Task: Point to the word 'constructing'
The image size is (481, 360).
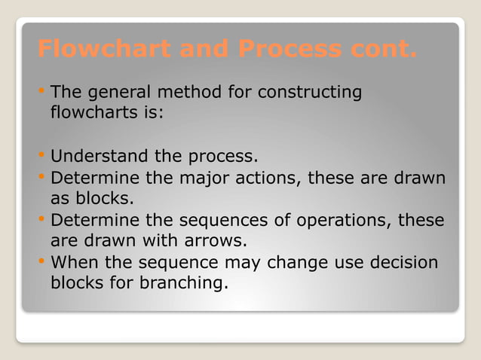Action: click(x=310, y=93)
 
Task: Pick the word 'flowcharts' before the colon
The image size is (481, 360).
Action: click(x=90, y=116)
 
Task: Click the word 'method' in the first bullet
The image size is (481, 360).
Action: click(x=189, y=93)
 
